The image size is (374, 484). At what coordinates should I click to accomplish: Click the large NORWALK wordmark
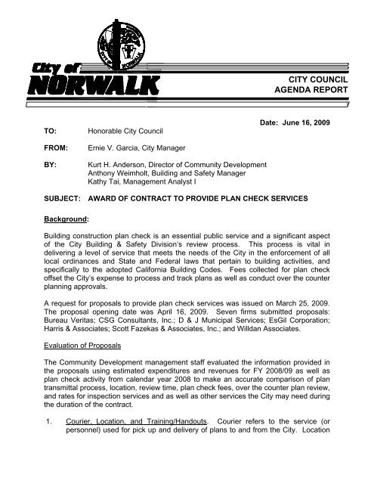coord(94,82)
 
